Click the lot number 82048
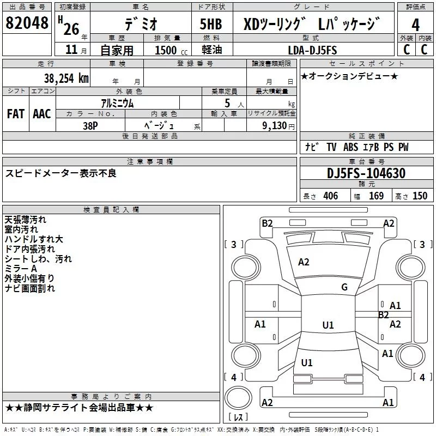pos(27,23)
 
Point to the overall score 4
pos(416,25)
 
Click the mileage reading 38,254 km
pos(66,78)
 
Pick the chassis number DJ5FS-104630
pos(366,173)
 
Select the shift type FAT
pos(15,113)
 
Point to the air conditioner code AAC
pos(42,113)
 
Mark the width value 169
pos(376,196)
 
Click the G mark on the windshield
pos(344,287)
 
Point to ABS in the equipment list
pos(350,148)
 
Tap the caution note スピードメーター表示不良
pos(60,173)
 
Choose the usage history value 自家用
pos(117,50)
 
